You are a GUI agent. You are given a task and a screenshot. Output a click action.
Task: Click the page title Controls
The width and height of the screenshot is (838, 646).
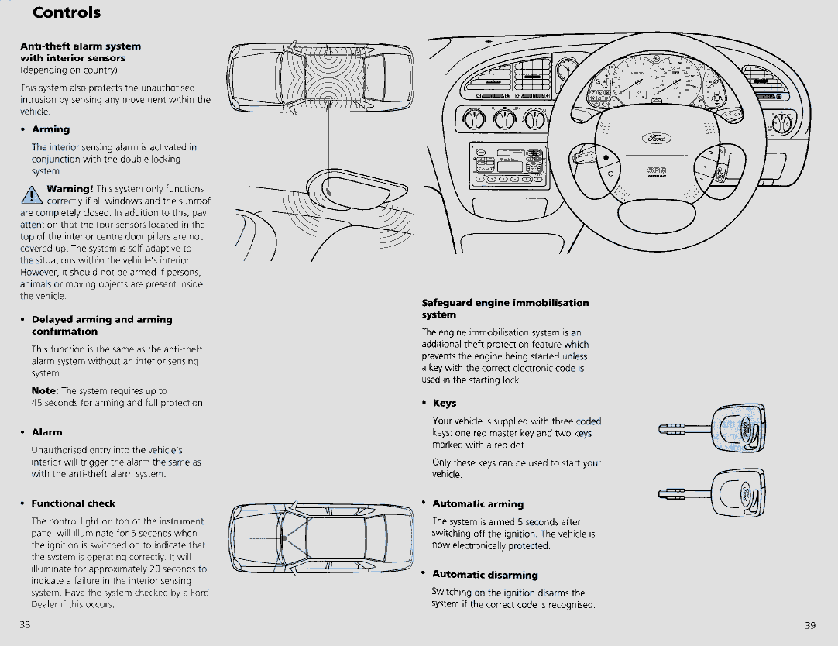coord(67,12)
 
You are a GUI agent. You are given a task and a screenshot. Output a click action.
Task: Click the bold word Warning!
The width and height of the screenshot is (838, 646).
coord(70,189)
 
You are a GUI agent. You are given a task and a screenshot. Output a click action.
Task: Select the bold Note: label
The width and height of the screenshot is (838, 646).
coord(45,391)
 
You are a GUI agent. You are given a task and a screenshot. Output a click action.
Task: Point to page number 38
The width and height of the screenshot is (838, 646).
coord(25,624)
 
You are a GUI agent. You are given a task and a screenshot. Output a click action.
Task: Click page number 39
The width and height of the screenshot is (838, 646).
coord(811,625)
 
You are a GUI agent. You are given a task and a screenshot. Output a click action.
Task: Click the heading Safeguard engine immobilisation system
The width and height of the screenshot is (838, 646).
coord(505,308)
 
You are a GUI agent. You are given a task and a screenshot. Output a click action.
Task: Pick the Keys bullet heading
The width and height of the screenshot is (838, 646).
coord(445,404)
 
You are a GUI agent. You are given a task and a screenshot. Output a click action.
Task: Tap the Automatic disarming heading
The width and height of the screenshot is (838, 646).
coord(485,575)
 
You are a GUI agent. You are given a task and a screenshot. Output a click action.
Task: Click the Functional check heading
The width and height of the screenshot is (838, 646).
coord(73,503)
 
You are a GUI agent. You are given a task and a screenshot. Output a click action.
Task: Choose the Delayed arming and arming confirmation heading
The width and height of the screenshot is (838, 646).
coord(101,325)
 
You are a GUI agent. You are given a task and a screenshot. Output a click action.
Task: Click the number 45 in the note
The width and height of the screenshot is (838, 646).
coord(37,403)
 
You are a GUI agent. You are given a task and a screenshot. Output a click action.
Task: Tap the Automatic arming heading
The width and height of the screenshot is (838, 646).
coord(478,504)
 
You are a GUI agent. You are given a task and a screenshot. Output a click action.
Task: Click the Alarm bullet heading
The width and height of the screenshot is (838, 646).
coord(46,432)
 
